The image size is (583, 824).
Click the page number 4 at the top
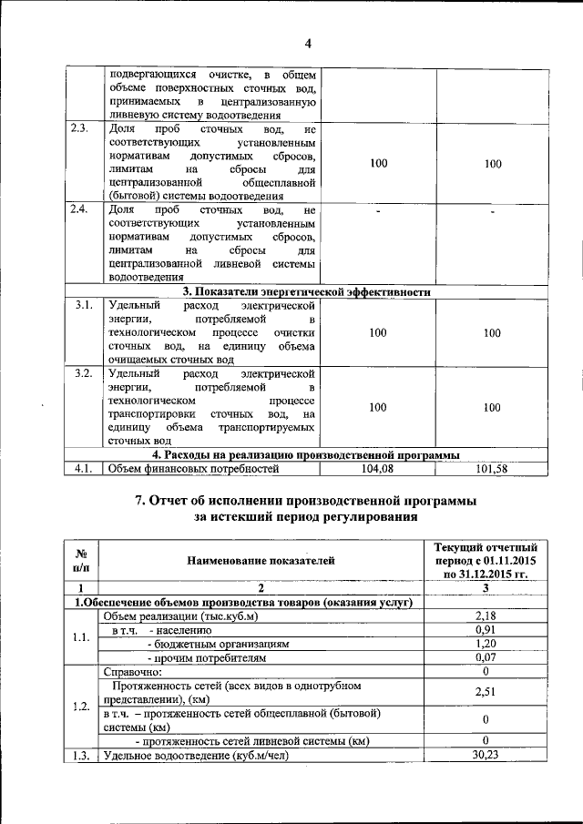[x=308, y=44]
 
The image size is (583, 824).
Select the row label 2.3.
[x=79, y=128]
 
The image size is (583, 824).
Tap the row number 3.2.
[x=83, y=374]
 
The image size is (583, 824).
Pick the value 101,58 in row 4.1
[x=492, y=469]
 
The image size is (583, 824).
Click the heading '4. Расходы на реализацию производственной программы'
[x=305, y=454]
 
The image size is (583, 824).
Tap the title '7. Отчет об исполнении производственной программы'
[x=305, y=502]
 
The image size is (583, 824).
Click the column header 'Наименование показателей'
[x=261, y=561]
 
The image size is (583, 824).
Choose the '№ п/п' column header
[x=80, y=561]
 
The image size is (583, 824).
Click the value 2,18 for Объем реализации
[x=486, y=616]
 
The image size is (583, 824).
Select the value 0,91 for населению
[x=486, y=630]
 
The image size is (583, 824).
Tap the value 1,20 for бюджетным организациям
[x=486, y=643]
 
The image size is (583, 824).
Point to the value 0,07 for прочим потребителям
[x=486, y=656]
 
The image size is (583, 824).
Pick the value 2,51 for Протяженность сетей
[x=486, y=692]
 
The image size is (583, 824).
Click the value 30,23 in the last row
[x=486, y=755]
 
